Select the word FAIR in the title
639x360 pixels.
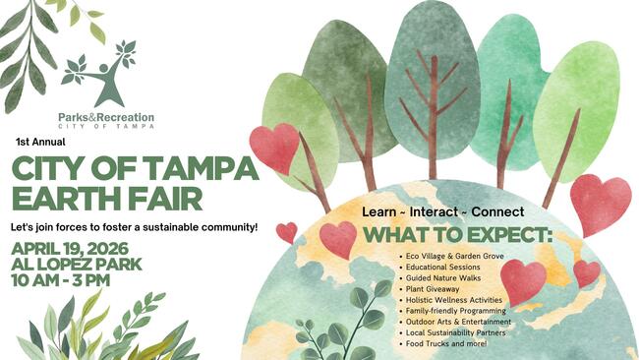click(x=163, y=198)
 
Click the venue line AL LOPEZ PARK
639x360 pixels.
click(x=77, y=265)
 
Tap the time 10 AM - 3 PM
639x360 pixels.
click(x=61, y=281)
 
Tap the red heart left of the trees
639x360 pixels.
click(x=274, y=147)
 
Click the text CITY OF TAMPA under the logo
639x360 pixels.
click(x=106, y=126)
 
